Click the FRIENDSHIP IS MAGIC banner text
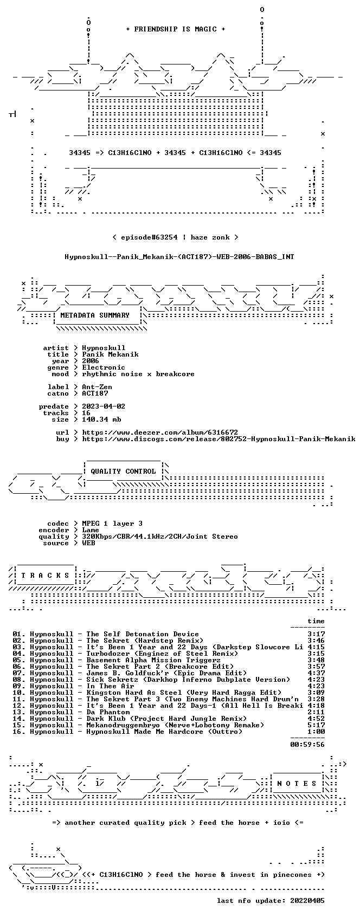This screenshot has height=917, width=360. [x=175, y=29]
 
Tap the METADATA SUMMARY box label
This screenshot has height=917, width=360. [x=94, y=315]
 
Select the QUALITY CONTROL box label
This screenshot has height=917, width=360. [x=123, y=471]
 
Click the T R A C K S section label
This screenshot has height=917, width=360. [x=46, y=575]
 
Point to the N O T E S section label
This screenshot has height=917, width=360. [x=297, y=783]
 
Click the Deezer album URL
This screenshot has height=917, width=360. [x=160, y=432]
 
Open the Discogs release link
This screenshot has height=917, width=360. [x=218, y=439]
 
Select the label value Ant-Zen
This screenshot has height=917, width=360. [x=97, y=387]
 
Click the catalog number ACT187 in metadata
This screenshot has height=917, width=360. [x=95, y=393]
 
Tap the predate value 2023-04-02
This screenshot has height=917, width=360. [x=104, y=406]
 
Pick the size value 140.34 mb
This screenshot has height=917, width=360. [x=101, y=419]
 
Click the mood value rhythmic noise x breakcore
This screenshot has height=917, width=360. [x=138, y=374]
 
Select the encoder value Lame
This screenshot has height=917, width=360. [x=91, y=529]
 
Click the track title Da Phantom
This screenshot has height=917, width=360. [x=108, y=712]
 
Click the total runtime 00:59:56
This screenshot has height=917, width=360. [x=307, y=744]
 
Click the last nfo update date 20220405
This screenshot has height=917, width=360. [x=307, y=900]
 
